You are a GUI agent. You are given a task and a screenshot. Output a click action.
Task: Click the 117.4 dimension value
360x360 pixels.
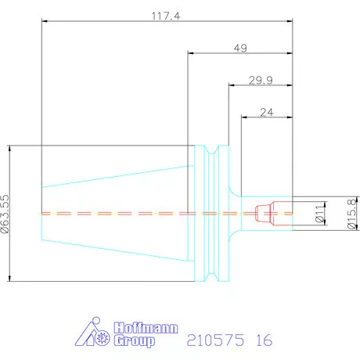[166, 16]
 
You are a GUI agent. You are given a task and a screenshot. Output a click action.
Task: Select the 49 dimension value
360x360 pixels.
[240, 49]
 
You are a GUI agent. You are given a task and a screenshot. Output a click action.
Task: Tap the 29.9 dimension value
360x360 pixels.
[261, 81]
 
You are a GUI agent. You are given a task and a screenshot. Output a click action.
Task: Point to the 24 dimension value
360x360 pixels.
[267, 113]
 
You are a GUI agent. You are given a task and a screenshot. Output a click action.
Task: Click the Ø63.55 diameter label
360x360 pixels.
[5, 214]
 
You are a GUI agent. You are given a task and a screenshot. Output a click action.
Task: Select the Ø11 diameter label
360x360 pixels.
[319, 214]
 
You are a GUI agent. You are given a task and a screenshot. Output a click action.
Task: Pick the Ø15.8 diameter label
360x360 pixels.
[351, 214]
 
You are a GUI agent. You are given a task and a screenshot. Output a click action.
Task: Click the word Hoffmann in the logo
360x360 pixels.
[146, 328]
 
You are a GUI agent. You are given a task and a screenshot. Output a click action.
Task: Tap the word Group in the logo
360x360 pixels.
[134, 341]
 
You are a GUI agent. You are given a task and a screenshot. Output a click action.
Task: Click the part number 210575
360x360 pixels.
[215, 340]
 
